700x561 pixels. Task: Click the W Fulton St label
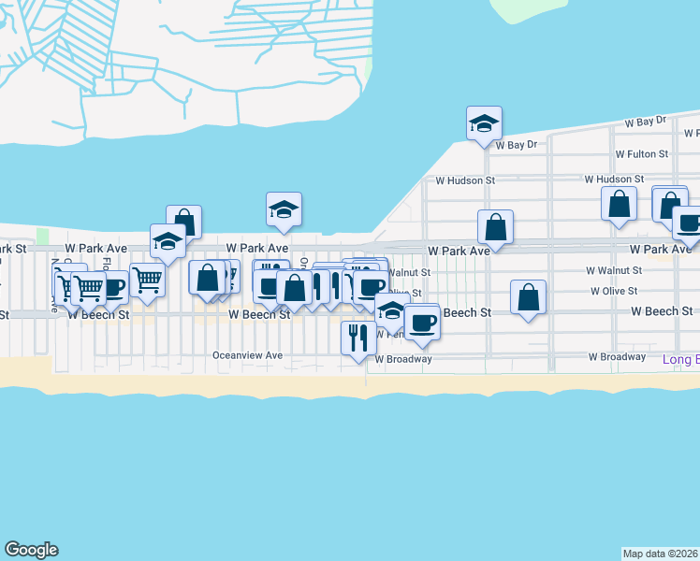[x=641, y=153]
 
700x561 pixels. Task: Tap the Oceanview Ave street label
[x=247, y=355]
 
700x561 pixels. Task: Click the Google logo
[x=31, y=550]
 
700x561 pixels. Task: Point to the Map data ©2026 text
[x=661, y=553]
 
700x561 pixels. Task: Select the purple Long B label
[x=680, y=359]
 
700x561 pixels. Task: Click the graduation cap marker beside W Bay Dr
[x=484, y=122]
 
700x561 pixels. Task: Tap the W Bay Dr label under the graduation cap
[x=517, y=145]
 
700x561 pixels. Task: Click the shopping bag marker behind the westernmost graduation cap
[x=184, y=222]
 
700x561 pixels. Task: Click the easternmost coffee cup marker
[x=690, y=223]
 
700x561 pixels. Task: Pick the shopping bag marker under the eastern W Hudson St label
[x=619, y=204]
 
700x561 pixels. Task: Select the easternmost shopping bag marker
[x=669, y=204]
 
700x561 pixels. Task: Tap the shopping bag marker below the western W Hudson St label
[x=495, y=227]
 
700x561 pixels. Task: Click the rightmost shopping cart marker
[x=148, y=278]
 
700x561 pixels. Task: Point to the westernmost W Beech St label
[x=97, y=315]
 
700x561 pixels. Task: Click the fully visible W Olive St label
[x=614, y=291]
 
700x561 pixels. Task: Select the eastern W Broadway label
[x=617, y=356]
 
